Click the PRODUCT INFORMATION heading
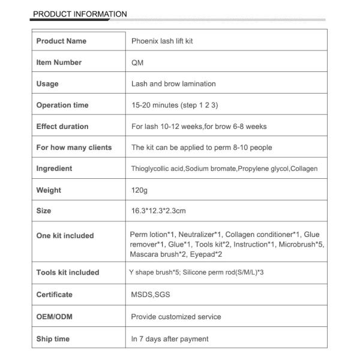[x=80, y=14]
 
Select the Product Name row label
[x=61, y=41]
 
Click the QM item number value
[x=137, y=62]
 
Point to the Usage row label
[x=47, y=84]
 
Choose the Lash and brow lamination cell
[x=173, y=84]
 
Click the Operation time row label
[x=62, y=105]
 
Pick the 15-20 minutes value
[x=175, y=105]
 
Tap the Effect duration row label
[x=62, y=127]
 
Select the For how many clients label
[x=74, y=147]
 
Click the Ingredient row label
[x=54, y=169]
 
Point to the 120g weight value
[x=139, y=190]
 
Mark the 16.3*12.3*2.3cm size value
[x=158, y=211]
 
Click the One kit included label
[x=65, y=236]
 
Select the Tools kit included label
[x=68, y=272]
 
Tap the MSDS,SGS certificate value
[x=149, y=295]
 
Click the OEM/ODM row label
[x=54, y=316]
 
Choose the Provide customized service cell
[x=176, y=316]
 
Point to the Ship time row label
[x=53, y=339]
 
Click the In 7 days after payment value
[x=170, y=339]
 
